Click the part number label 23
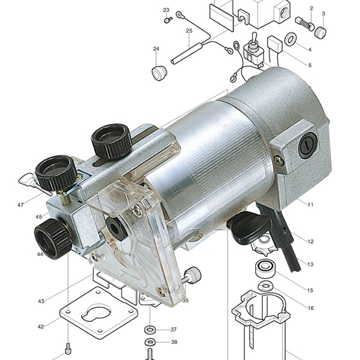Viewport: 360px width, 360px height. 166,10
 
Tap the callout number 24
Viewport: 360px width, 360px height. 156,49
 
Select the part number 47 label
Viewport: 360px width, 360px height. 20,205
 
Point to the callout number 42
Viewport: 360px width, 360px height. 41,326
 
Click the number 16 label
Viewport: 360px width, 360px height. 310,308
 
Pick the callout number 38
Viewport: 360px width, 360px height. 174,342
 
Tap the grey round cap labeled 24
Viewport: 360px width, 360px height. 160,73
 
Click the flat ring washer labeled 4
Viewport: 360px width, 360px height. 290,39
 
